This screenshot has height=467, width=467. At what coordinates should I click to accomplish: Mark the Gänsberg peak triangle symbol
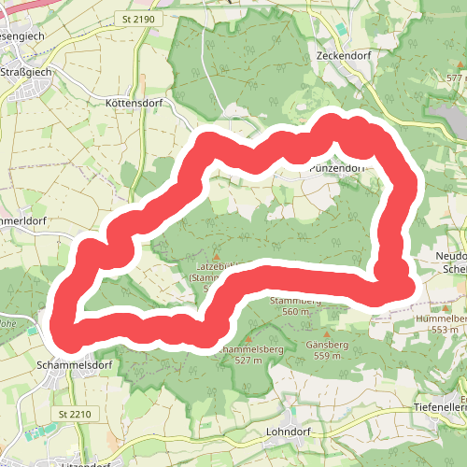tap(327, 333)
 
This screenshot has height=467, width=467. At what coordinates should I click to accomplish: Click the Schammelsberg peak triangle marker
tap(248, 339)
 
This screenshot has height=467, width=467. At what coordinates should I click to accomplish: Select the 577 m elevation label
tap(455, 78)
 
